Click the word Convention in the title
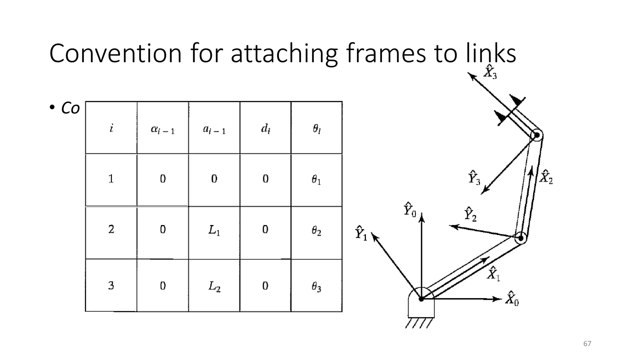tap(116, 53)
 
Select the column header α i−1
tap(162, 129)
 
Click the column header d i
tap(265, 128)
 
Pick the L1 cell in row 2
tap(214, 231)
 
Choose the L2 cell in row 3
tap(214, 286)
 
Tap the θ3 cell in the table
tap(316, 287)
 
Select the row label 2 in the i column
tap(111, 229)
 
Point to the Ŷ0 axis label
tap(409, 210)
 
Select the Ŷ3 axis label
tap(474, 177)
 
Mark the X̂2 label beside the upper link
tap(546, 177)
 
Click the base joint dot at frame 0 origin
tap(421, 299)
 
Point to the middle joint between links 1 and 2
tap(521, 238)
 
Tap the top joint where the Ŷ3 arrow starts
tap(537, 135)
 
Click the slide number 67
tap(587, 344)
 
